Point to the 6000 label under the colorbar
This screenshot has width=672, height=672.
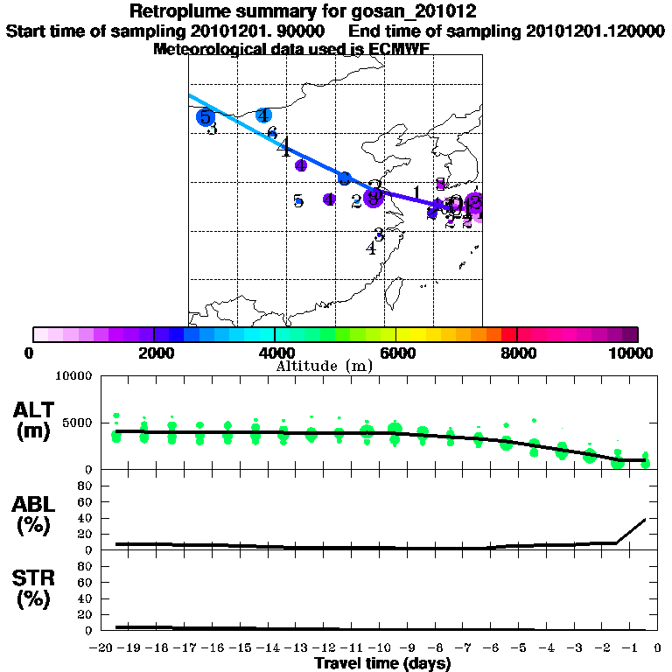pos(396,353)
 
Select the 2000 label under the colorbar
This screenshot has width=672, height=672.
pos(153,353)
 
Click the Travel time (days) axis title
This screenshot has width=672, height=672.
pos(382,664)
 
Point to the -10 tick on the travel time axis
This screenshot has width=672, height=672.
pos(381,648)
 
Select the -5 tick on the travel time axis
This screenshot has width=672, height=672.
pos(520,648)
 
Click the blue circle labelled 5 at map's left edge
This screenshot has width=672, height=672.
pos(205,116)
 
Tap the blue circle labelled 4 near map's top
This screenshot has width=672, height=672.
pos(262,115)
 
